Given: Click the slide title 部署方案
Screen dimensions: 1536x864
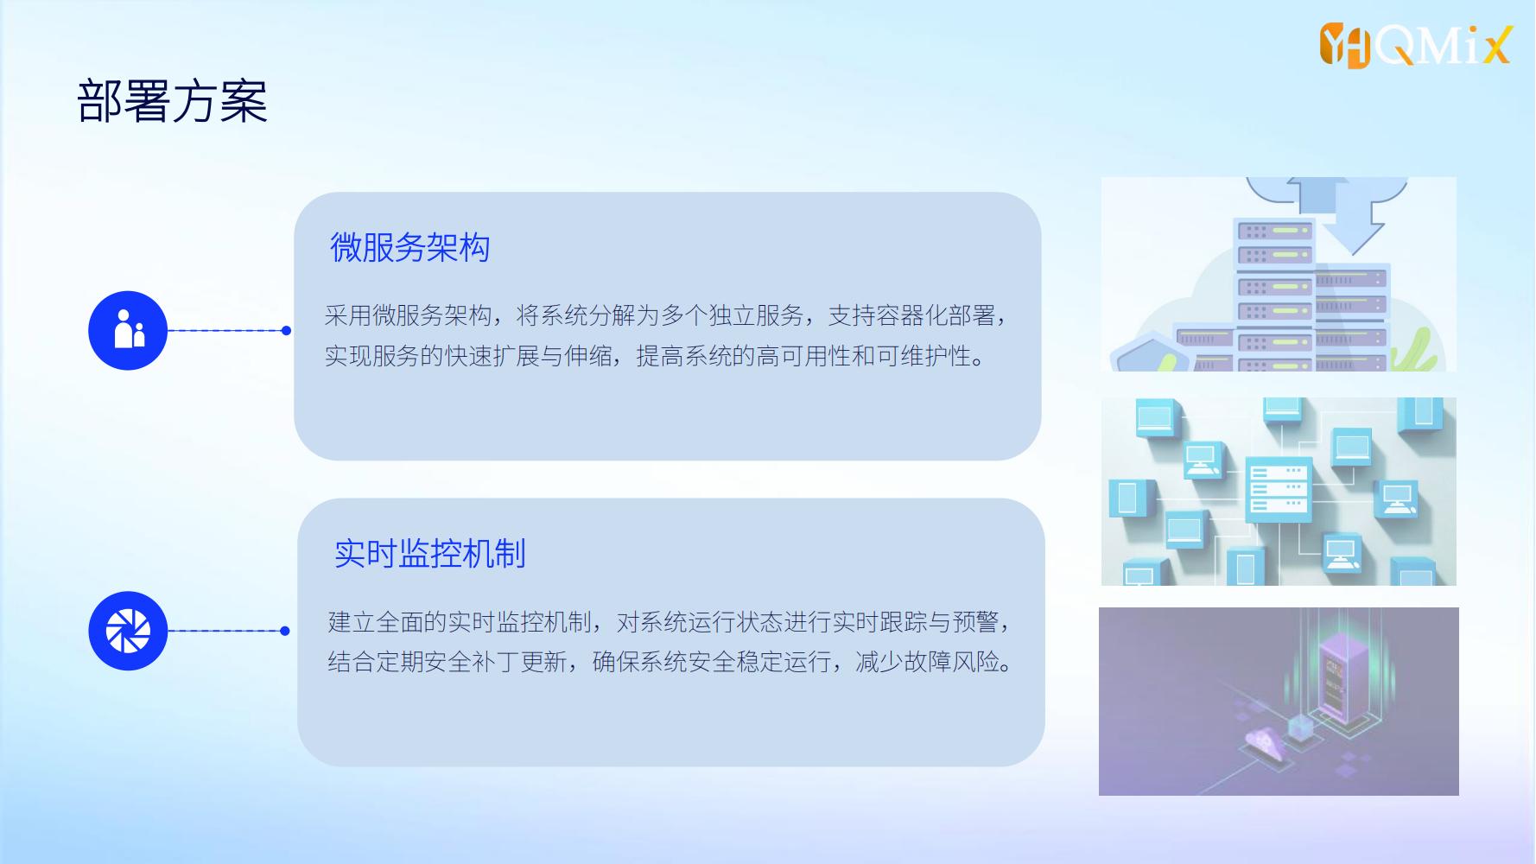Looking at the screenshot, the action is click(x=173, y=102).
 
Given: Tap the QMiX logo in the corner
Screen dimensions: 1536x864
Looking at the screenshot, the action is click(x=1415, y=45).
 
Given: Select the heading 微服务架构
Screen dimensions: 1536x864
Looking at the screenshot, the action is click(x=409, y=247).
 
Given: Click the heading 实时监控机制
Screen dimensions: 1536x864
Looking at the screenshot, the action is click(x=429, y=554).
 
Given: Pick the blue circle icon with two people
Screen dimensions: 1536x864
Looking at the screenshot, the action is click(x=128, y=330).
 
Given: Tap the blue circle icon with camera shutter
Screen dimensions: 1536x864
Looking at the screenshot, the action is click(x=128, y=631).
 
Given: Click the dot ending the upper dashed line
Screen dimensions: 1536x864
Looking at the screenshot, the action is click(x=286, y=330).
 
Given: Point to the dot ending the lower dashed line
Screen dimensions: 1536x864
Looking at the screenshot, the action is click(x=285, y=631).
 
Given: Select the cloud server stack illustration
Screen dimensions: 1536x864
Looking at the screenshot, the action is click(x=1279, y=274).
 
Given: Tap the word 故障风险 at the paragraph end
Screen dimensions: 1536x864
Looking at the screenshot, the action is click(x=951, y=662).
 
